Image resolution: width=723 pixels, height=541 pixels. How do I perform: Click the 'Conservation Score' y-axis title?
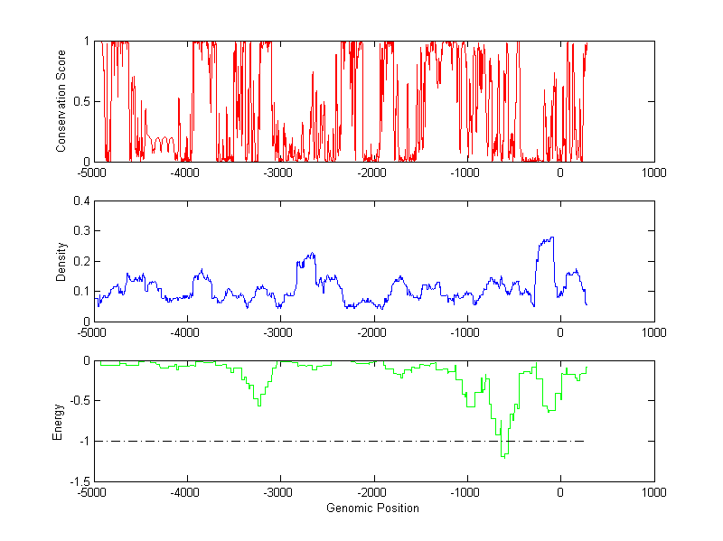(x=61, y=101)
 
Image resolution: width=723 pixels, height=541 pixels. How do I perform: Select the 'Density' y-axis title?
(x=61, y=261)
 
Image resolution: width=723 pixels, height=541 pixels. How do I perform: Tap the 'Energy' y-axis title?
(x=58, y=421)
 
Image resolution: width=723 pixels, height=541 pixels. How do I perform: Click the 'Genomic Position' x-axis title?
(x=372, y=508)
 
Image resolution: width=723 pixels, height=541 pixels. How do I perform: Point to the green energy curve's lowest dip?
(x=503, y=457)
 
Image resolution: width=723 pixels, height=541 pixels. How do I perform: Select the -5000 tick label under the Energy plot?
(x=91, y=492)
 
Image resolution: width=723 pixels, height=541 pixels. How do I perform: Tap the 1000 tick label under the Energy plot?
(x=653, y=492)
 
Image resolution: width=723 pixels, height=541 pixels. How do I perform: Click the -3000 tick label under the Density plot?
(x=278, y=331)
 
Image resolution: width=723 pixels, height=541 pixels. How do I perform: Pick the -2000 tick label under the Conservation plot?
(x=372, y=172)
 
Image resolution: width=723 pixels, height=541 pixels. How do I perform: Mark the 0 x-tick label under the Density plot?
(x=560, y=331)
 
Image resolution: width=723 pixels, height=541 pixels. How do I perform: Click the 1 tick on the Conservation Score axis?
(x=86, y=42)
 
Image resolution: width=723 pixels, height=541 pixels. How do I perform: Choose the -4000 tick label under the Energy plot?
(x=185, y=492)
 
